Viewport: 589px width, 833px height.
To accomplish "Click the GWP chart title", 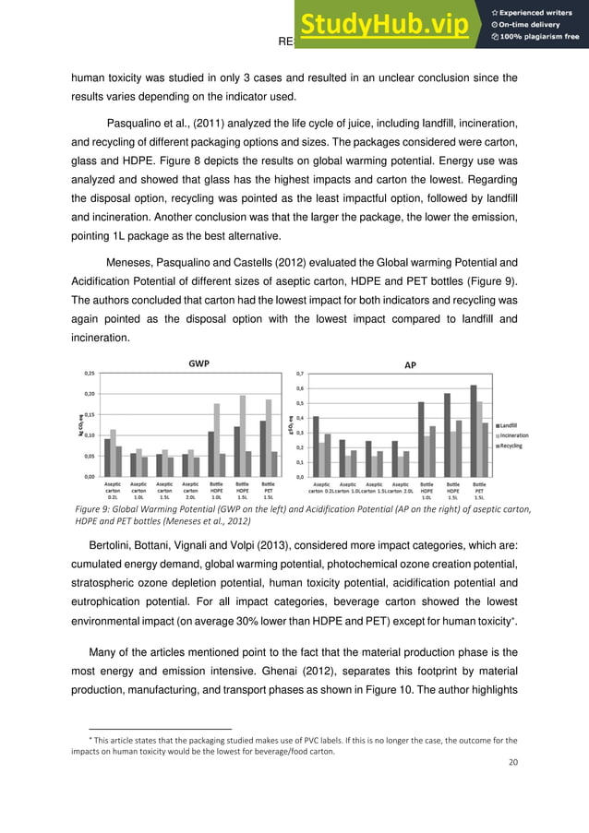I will pos(198,363).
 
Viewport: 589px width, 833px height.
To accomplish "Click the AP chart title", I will pos(411,365).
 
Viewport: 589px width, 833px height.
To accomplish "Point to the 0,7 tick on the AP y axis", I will pos(298,374).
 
